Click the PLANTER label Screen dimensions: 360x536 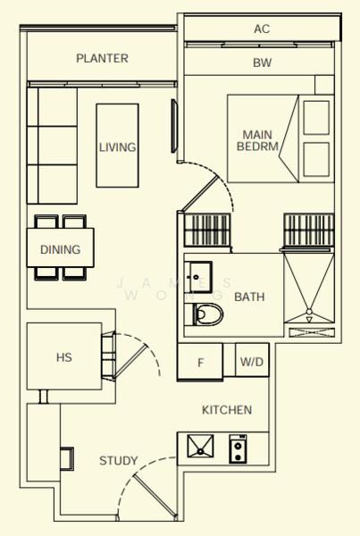tap(102, 58)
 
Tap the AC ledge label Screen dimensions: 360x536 tap(262, 29)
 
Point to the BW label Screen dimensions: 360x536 tap(263, 63)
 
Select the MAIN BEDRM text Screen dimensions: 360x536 tap(257, 140)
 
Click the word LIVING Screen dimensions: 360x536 tap(117, 147)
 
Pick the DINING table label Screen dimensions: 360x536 tap(61, 249)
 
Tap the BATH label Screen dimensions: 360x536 tap(249, 297)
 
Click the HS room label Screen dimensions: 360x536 tap(64, 357)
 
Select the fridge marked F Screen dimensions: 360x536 tap(200, 362)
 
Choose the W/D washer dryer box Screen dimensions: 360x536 tap(252, 360)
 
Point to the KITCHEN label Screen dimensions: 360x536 tap(227, 410)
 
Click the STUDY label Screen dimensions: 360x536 tap(119, 460)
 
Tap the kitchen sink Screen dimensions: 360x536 tap(200, 446)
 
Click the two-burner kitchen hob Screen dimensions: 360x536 tap(238, 448)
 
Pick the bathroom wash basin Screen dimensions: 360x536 tap(198, 277)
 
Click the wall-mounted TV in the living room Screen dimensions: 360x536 tap(174, 126)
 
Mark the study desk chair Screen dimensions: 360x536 tap(67, 459)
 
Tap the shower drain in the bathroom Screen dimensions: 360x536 tap(309, 312)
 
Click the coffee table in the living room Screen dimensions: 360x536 tap(118, 146)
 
